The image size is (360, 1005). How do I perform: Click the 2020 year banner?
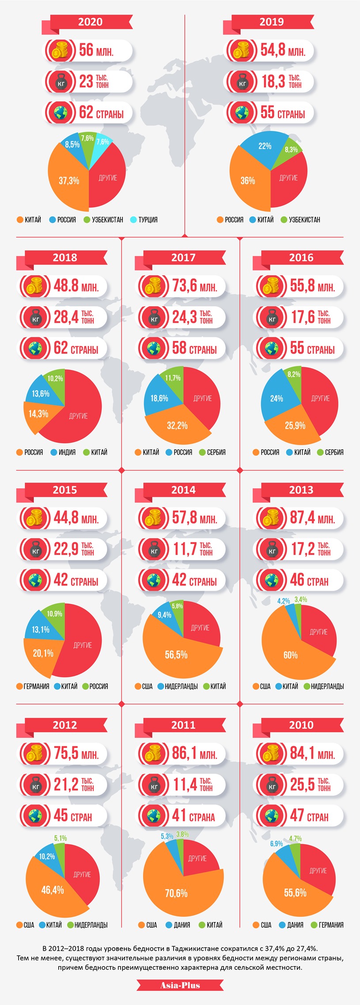pos(91,22)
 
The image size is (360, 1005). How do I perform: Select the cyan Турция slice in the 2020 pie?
pos(102,144)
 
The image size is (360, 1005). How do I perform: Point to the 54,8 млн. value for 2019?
pos(283,50)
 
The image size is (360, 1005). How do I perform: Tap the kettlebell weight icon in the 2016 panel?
pos(272,317)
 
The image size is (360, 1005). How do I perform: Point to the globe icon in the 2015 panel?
pos(34,580)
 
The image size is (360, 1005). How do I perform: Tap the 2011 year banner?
pos(183,725)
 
